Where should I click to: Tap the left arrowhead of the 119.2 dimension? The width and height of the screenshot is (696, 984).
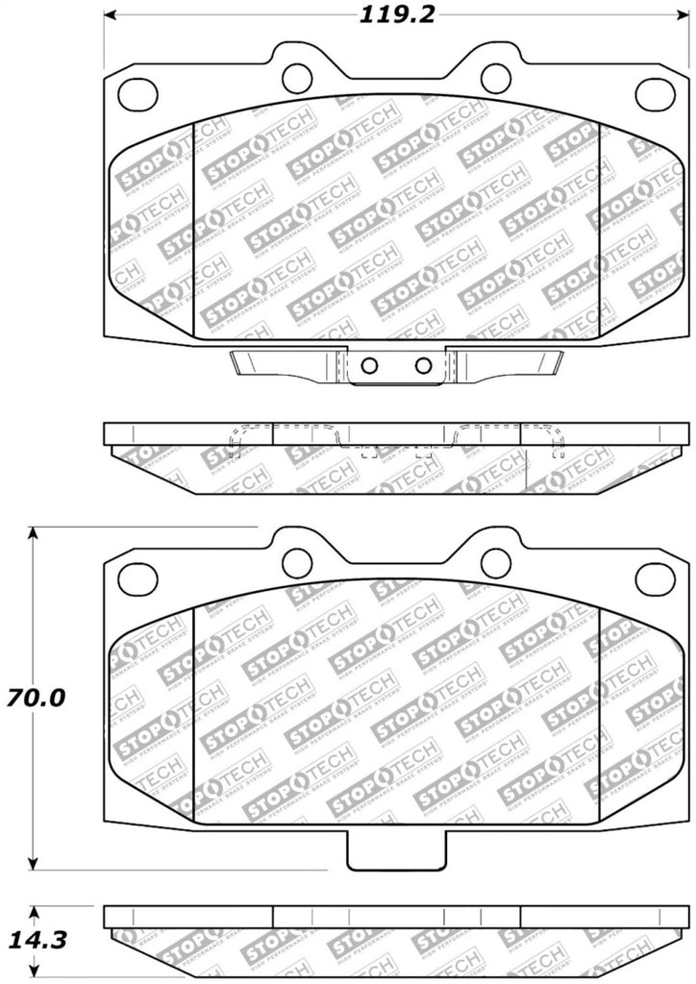(x=110, y=15)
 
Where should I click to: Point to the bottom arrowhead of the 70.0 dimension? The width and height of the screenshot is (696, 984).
(x=35, y=862)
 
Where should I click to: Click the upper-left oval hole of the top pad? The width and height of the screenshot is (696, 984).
(x=137, y=92)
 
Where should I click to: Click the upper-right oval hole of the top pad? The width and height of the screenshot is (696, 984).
(x=655, y=92)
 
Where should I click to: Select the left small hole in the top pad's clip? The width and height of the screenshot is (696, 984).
(x=369, y=365)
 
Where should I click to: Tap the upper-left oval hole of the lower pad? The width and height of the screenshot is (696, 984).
(x=137, y=578)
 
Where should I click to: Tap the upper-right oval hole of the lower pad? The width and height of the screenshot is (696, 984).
(x=655, y=578)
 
